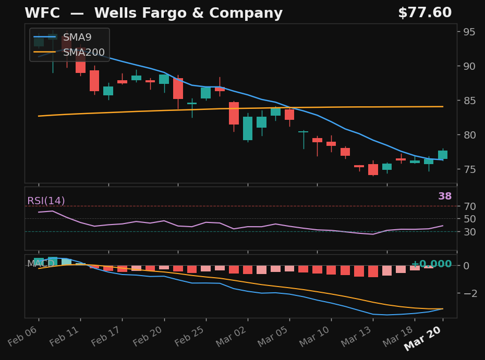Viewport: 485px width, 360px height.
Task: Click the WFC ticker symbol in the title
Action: pos(43,14)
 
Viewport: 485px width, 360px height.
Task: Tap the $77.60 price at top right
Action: pos(425,13)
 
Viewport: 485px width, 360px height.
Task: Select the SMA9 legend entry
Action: pos(77,38)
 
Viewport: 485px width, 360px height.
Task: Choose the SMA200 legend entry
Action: pos(83,53)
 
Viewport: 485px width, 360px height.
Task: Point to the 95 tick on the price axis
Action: pos(470,32)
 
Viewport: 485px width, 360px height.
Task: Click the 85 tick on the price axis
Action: pos(470,101)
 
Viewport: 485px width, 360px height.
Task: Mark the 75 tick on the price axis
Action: pos(470,169)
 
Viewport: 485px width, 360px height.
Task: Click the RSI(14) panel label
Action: pos(46,201)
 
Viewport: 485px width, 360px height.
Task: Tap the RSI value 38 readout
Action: pos(445,196)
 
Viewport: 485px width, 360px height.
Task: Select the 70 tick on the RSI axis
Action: pos(470,206)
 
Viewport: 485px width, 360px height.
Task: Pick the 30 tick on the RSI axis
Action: pos(470,231)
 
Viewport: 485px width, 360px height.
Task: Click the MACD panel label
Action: pos(40,264)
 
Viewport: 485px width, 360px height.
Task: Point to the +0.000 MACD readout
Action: pos(431,264)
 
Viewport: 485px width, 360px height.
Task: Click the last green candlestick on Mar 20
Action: pos(442,155)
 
